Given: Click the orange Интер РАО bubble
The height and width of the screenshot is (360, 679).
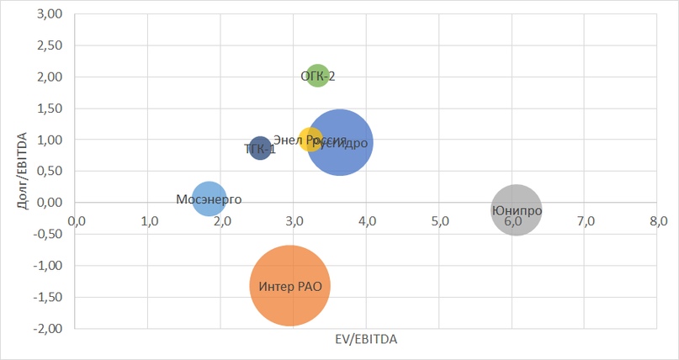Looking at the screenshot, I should (290, 285).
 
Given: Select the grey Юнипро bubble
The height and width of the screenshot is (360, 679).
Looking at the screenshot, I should (516, 209).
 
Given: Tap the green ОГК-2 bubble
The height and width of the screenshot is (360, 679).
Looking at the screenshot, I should (317, 77).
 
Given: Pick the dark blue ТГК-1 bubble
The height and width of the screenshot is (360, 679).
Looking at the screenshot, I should (260, 149).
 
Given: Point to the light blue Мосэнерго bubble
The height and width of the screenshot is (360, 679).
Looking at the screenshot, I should (209, 199).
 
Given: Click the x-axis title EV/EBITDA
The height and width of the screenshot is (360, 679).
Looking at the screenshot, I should (366, 340).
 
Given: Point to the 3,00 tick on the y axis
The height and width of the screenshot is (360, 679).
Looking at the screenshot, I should (51, 13).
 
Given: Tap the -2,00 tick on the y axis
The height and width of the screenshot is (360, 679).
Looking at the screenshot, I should (50, 328).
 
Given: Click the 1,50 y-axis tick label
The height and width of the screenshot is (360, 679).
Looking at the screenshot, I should (51, 108).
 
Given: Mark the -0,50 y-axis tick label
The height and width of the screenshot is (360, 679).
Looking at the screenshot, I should (50, 234).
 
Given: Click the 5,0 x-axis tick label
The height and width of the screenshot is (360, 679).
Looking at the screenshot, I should (440, 221).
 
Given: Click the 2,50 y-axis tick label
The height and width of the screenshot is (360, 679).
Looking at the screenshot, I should (51, 45).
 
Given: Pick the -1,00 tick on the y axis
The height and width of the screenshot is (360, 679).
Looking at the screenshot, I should (50, 265).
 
